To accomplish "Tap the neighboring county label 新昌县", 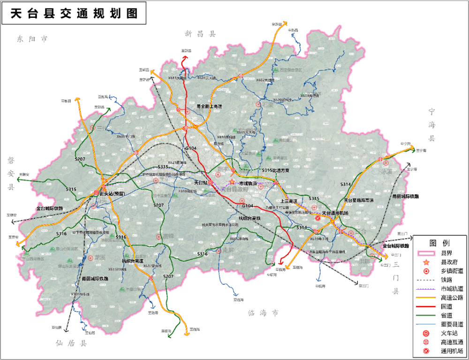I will click(200, 34).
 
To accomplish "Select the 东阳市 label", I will click(32, 39).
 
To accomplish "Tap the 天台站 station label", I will click(200, 182).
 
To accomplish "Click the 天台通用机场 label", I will click(334, 213).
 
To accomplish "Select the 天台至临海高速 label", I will click(359, 200).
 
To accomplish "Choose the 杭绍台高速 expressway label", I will click(133, 260).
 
